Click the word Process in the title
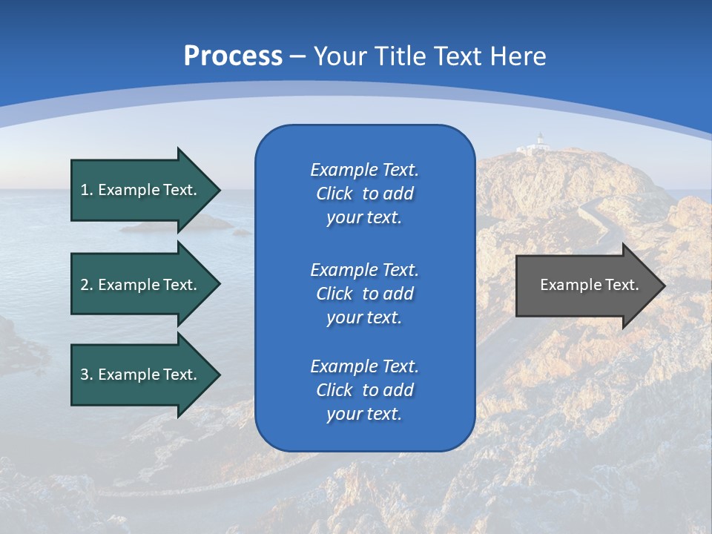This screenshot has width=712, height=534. (233, 56)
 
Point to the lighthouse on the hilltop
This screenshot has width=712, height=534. (540, 143)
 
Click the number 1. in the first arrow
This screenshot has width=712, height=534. (87, 190)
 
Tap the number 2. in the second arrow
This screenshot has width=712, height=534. (87, 285)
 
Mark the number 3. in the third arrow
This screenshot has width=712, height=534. (87, 375)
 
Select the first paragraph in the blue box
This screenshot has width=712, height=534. (364, 194)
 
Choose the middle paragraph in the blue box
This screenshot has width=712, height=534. (364, 294)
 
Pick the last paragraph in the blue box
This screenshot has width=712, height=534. (364, 390)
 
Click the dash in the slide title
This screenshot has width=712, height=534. (297, 56)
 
